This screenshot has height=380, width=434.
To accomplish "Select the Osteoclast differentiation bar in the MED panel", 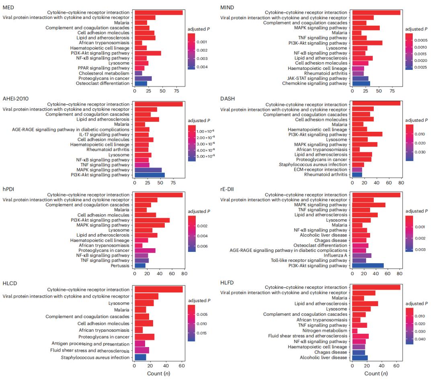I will [141, 84].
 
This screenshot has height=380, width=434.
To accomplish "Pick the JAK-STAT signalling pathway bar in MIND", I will [360, 78].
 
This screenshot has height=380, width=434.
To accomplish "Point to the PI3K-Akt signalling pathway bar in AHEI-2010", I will [149, 175].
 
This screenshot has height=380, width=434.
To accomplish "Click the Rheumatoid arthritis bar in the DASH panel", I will [357, 175].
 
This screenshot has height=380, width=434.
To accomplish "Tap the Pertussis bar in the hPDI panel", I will [140, 265].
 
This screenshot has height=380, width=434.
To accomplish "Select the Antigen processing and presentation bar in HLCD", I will [140, 343].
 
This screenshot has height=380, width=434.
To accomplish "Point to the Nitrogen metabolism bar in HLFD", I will [354, 331].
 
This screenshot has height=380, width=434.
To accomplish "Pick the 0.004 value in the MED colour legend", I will [203, 67].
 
